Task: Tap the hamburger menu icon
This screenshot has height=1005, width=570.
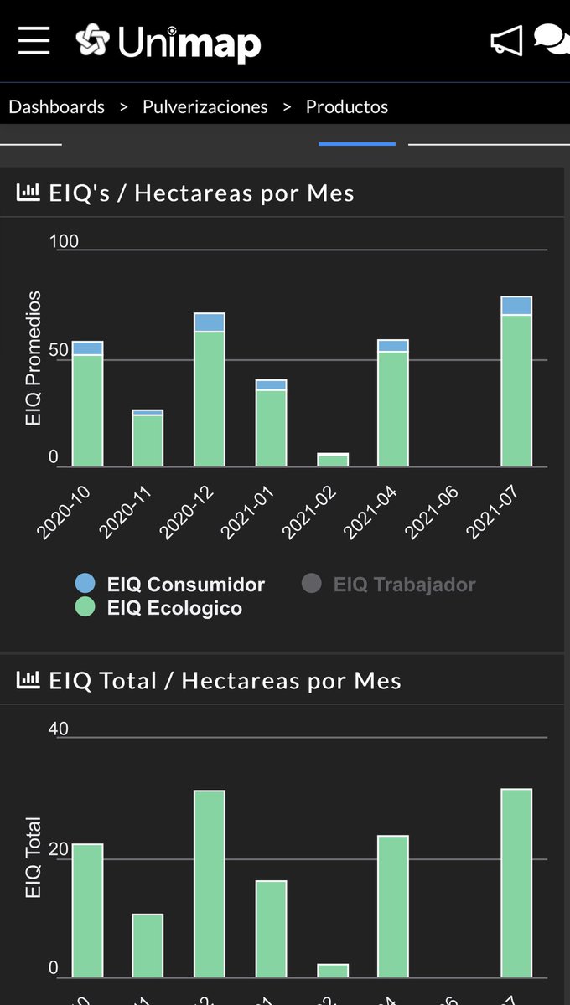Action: click(x=34, y=40)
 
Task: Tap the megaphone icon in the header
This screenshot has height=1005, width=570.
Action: click(x=506, y=40)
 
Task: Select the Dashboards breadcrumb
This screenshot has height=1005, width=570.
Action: click(x=56, y=106)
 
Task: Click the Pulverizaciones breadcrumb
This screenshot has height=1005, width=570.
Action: click(x=205, y=106)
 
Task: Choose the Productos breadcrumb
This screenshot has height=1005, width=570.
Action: click(x=347, y=106)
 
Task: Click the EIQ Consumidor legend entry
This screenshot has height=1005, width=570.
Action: click(x=185, y=585)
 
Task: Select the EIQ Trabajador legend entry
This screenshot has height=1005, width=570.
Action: click(x=404, y=585)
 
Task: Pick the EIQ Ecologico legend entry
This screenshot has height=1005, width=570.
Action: click(x=174, y=608)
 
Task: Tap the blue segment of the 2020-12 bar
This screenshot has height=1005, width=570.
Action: click(x=210, y=322)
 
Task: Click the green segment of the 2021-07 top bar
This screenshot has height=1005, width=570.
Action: click(x=516, y=389)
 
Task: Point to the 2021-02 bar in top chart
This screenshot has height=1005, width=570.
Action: click(x=333, y=460)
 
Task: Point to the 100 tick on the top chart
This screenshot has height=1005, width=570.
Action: click(x=65, y=241)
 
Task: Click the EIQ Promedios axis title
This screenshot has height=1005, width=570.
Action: click(x=34, y=358)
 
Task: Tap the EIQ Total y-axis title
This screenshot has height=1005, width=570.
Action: click(x=34, y=857)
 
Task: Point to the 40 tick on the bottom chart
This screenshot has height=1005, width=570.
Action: click(x=59, y=729)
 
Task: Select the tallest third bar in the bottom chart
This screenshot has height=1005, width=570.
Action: click(x=210, y=884)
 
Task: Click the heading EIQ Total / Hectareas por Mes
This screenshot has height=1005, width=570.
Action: click(x=225, y=681)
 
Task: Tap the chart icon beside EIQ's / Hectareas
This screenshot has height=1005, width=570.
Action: click(x=28, y=193)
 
